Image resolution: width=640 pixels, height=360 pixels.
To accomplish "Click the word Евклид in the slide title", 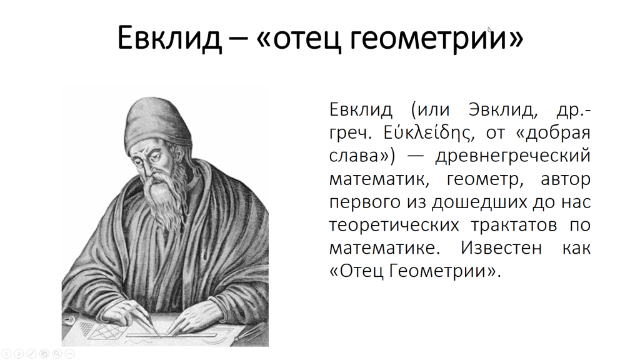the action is pyautogui.click(x=169, y=38).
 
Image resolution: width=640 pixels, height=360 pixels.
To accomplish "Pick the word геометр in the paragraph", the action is pyautogui.click(x=485, y=179).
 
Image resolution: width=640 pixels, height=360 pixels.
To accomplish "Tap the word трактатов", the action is pyautogui.click(x=514, y=225).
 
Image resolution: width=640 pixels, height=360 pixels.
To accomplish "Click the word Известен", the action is pyautogui.click(x=501, y=247).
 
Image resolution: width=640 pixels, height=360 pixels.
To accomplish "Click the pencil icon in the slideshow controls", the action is pyautogui.click(x=31, y=354).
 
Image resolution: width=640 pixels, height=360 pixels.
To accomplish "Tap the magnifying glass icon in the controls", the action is pyautogui.click(x=57, y=354).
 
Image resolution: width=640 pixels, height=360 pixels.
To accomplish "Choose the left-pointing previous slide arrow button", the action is pyautogui.click(x=6, y=354).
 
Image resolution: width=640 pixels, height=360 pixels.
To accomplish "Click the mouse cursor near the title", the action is pyautogui.click(x=489, y=29).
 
